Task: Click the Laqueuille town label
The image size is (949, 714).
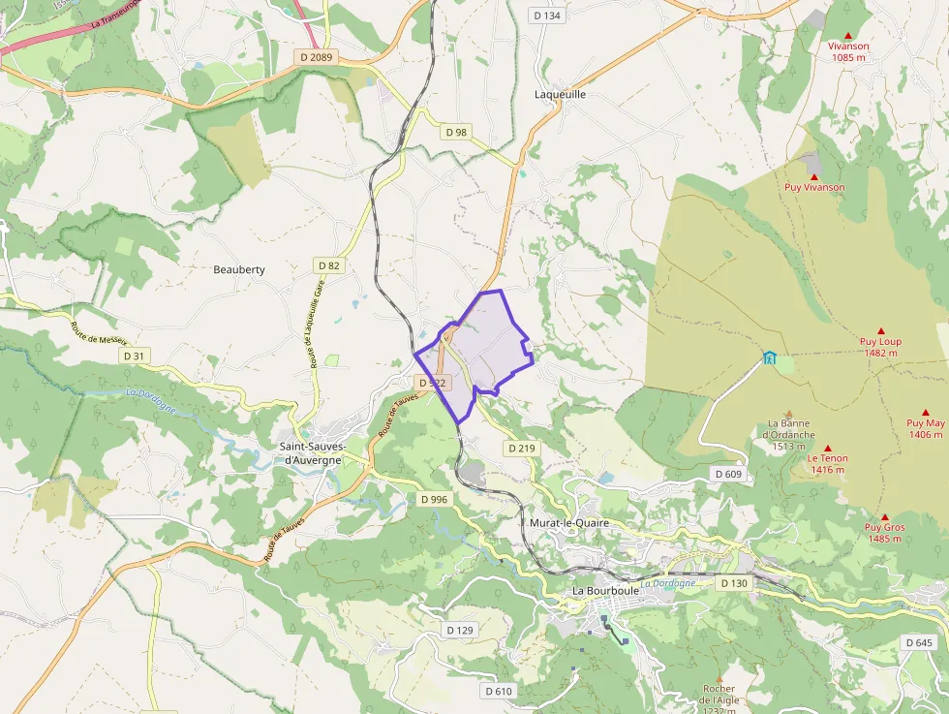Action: [561, 95]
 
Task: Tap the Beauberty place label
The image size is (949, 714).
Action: [239, 269]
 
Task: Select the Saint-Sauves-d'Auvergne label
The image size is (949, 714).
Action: [310, 452]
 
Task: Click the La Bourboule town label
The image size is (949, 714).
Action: [604, 591]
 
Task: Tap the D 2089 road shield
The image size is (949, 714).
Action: [315, 57]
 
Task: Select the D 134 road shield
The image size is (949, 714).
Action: [547, 16]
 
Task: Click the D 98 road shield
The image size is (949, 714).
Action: [455, 132]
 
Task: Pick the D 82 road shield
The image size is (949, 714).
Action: [329, 265]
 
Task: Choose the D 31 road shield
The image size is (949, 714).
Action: [135, 357]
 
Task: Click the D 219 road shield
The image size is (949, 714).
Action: [521, 449]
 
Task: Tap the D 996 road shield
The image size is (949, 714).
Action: [435, 499]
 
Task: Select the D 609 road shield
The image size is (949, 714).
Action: [727, 474]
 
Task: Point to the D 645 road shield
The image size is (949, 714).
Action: [918, 642]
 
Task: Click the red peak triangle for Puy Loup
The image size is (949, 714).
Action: [880, 331]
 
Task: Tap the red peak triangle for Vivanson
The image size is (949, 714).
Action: [848, 34]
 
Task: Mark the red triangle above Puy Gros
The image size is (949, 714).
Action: [884, 517]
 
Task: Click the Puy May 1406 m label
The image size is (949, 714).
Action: [926, 428]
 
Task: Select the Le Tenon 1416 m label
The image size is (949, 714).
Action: [828, 463]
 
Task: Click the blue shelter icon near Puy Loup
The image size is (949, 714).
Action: [770, 357]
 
